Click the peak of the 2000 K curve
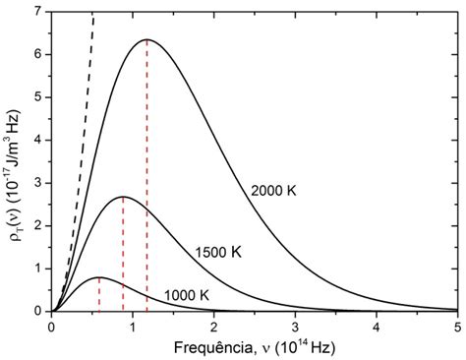pos(146,40)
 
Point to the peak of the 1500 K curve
pos(123,197)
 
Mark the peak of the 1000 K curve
pos(98,277)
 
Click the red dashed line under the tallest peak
pos(146,177)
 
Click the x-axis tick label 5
pos(457,324)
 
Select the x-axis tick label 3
pos(295,324)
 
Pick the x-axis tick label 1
pos(133,324)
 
